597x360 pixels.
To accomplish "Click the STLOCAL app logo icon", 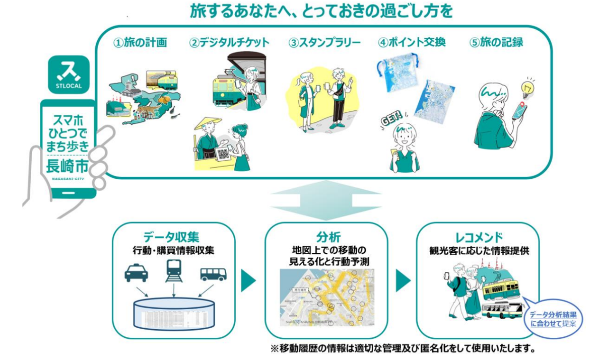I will click(69, 75).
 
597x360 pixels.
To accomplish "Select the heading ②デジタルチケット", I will click(229, 43).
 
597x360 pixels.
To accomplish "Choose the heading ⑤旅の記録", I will click(496, 43).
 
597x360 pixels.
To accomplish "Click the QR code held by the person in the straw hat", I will click(222, 155).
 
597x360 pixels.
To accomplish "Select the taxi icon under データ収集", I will click(136, 273).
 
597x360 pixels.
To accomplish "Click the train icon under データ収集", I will click(173, 272).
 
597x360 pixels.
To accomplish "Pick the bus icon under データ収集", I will click(213, 274).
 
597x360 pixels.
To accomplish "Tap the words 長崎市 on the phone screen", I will click(68, 166).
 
